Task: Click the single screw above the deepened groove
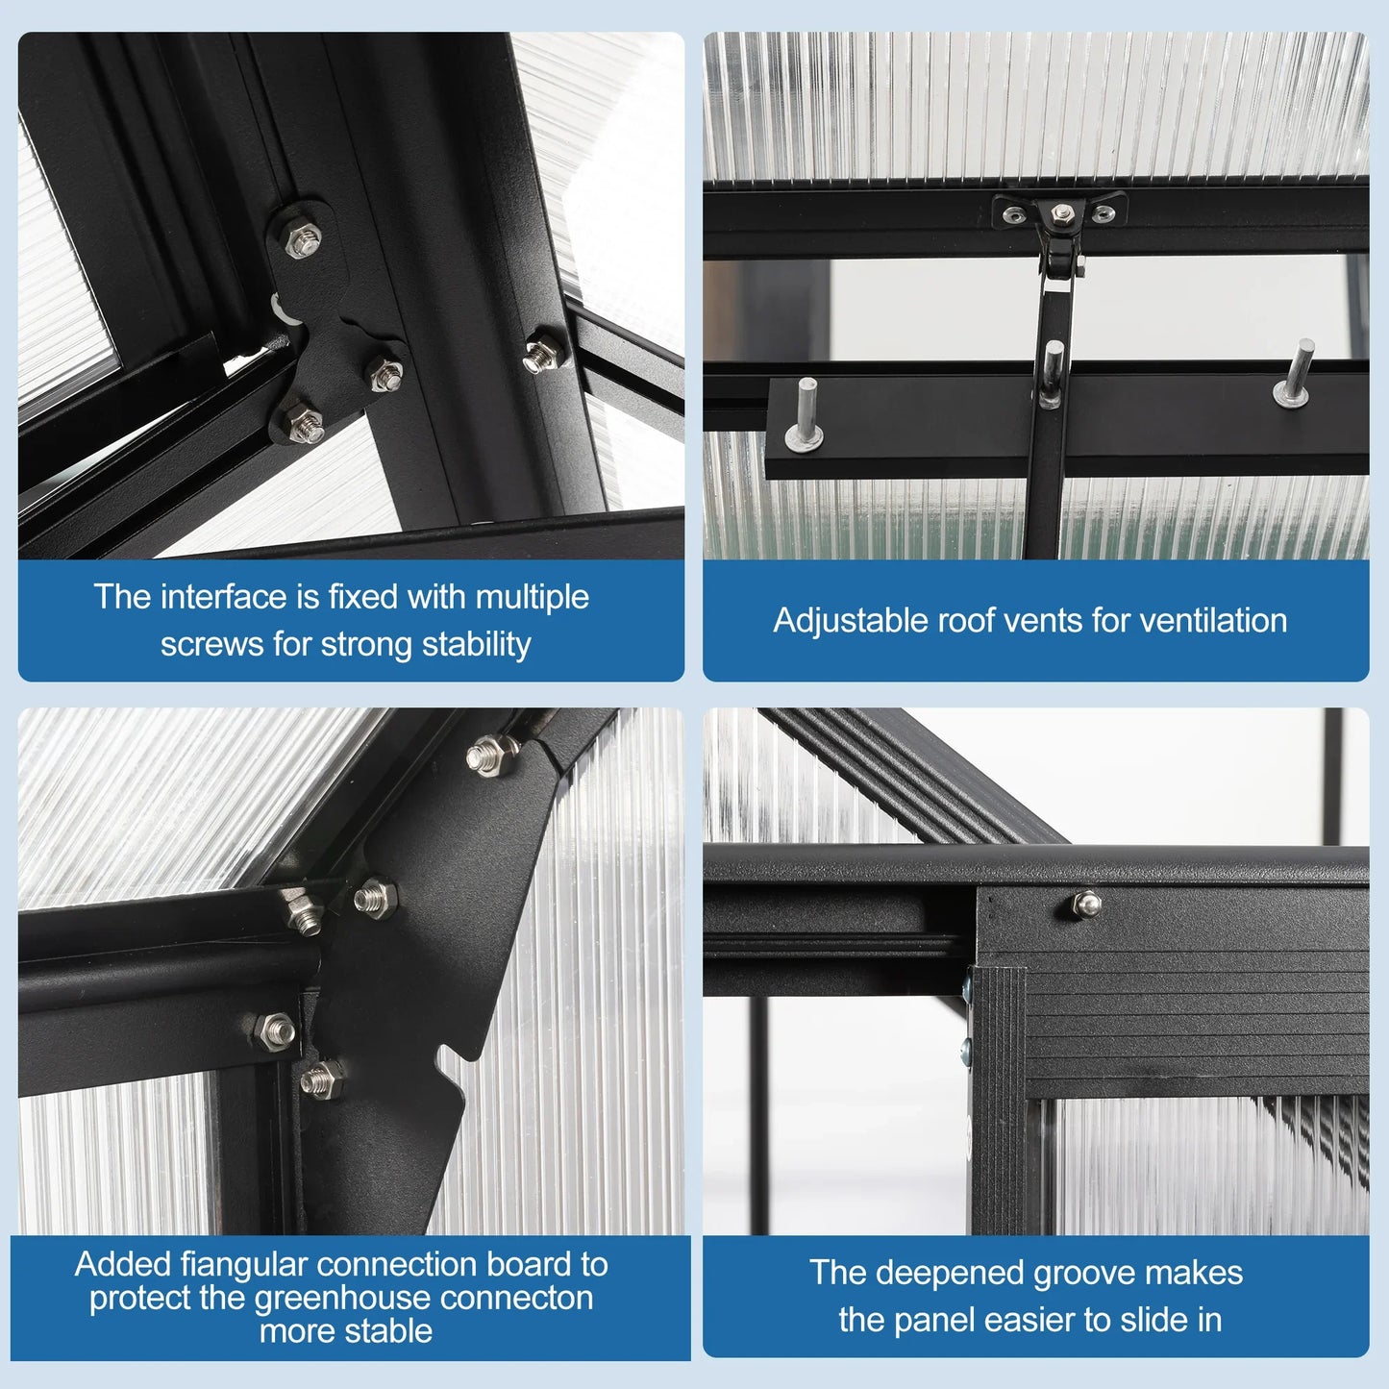click(x=1086, y=904)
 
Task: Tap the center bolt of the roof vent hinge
click(x=1060, y=213)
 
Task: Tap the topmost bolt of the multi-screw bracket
click(x=302, y=239)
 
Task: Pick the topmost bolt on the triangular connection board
click(x=492, y=753)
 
